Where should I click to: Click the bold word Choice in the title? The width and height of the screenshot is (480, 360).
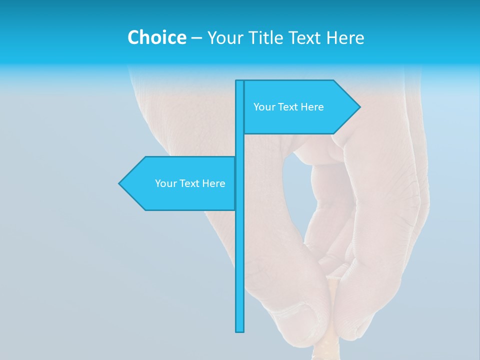(x=156, y=37)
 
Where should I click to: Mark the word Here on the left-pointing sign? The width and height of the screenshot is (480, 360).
(x=213, y=183)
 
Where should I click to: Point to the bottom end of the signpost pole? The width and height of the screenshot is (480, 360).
(x=240, y=330)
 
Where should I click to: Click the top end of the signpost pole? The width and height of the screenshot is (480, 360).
(x=240, y=81)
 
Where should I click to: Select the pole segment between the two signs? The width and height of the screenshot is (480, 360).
(x=240, y=145)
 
